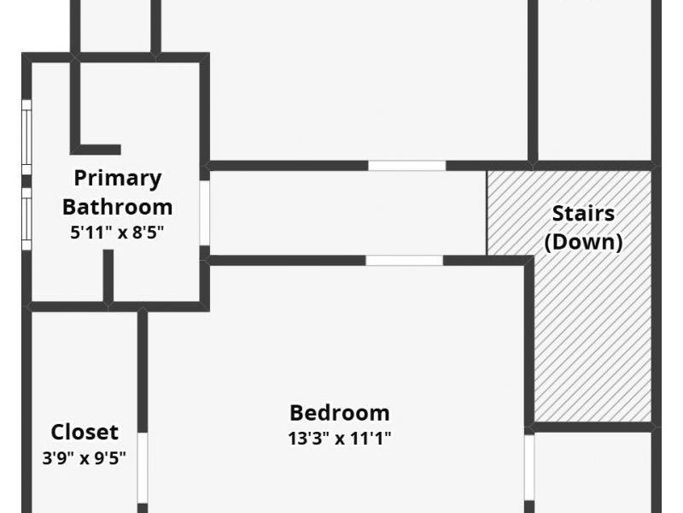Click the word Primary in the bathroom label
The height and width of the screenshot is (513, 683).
[x=118, y=179]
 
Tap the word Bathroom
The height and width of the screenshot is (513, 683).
[x=118, y=207]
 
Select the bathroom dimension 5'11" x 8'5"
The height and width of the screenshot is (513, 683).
[x=117, y=233]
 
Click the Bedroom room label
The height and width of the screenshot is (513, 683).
[x=340, y=413]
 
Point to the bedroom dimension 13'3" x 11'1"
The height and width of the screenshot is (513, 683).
[x=340, y=438]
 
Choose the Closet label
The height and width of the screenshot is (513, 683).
[x=85, y=433]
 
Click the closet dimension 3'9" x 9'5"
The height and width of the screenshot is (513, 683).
[x=84, y=458]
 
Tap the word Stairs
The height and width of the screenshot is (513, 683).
[x=584, y=213]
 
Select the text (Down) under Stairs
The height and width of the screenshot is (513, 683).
[x=584, y=242]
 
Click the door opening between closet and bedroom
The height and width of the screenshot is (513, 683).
[x=143, y=468]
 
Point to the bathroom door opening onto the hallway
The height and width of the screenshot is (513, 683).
[x=205, y=213]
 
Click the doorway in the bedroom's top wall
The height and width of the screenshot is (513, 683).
[x=404, y=261]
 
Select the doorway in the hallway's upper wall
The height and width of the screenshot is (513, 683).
[x=407, y=166]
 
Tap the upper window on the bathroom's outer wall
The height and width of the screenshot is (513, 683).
[x=27, y=138]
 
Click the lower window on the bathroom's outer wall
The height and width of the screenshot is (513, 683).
[x=27, y=219]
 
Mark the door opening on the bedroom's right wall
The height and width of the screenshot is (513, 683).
[x=529, y=468]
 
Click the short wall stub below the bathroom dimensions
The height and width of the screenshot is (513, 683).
[x=108, y=275]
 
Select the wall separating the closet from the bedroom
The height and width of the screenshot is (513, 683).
[x=143, y=371]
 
